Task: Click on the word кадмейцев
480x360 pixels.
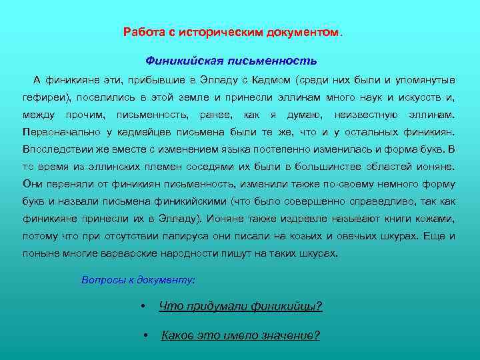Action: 135,131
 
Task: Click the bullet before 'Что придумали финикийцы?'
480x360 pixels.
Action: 143,307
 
